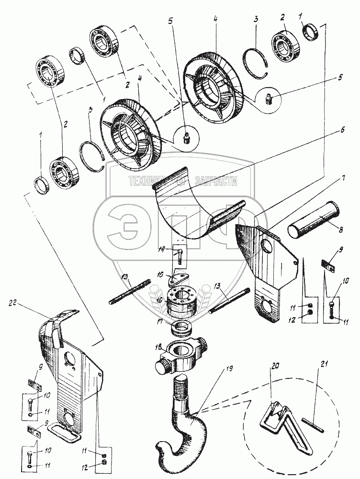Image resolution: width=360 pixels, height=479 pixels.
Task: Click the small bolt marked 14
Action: (178, 258)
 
